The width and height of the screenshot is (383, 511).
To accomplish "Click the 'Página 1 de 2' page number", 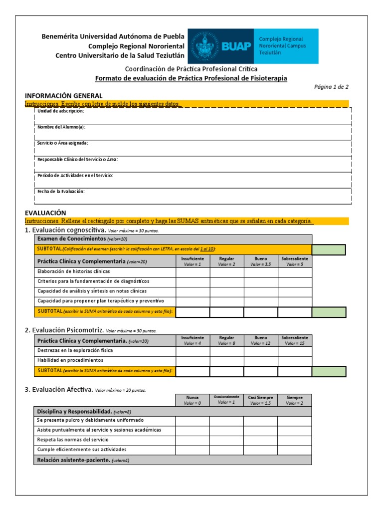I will pyautogui.click(x=331, y=86).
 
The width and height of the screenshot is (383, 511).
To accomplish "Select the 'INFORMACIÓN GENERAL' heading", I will pyautogui.click(x=64, y=95).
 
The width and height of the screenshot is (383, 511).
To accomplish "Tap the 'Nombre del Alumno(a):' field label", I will pyautogui.click(x=61, y=127).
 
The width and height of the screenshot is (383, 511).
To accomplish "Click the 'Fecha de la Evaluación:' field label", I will pyautogui.click(x=61, y=191).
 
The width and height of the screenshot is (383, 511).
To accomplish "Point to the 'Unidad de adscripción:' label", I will pyautogui.click(x=61, y=111).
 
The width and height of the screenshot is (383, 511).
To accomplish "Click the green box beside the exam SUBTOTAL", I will pyautogui.click(x=329, y=249).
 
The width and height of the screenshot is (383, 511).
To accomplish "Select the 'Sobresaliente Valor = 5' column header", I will pyautogui.click(x=295, y=261).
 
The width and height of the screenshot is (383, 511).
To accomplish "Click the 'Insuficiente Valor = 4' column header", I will pyautogui.click(x=192, y=340).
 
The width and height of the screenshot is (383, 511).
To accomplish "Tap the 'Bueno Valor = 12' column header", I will pyautogui.click(x=261, y=340).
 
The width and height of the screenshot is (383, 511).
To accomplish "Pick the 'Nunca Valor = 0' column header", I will pyautogui.click(x=192, y=400).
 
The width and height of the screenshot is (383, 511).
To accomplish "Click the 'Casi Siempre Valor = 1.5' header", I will pyautogui.click(x=261, y=400).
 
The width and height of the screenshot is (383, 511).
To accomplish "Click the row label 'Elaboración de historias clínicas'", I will pyautogui.click(x=73, y=272).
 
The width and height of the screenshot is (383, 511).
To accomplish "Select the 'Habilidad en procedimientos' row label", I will pyautogui.click(x=70, y=360).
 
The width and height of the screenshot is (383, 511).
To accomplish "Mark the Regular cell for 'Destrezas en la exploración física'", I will pyautogui.click(x=226, y=350).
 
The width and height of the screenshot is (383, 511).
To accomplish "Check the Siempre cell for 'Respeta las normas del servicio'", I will pyautogui.click(x=295, y=440).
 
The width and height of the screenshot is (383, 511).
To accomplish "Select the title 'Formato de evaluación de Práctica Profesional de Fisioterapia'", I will pyautogui.click(x=191, y=78).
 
